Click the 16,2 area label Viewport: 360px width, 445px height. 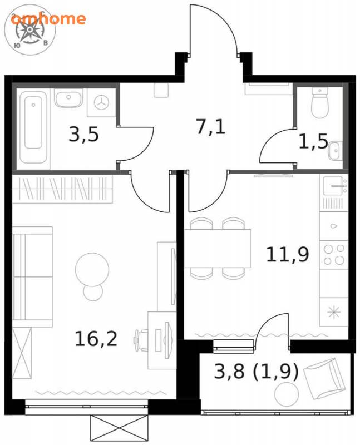point(96,339)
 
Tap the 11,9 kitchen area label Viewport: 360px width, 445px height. point(287,254)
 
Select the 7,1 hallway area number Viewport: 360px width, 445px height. point(211,127)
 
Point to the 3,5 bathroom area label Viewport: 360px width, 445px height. point(84,134)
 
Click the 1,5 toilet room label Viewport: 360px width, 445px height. point(313,141)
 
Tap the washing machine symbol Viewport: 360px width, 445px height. point(101,102)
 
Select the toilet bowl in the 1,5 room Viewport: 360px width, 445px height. point(320,102)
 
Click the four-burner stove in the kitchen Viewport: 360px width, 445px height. point(334,255)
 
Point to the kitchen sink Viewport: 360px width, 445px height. point(334,186)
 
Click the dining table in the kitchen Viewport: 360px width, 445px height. point(218,248)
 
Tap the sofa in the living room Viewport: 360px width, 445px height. point(33,276)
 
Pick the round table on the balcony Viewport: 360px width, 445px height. point(287,394)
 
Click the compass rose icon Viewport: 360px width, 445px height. point(29,30)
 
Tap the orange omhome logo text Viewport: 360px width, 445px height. point(48,19)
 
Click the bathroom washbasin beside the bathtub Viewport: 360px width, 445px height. point(68,98)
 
